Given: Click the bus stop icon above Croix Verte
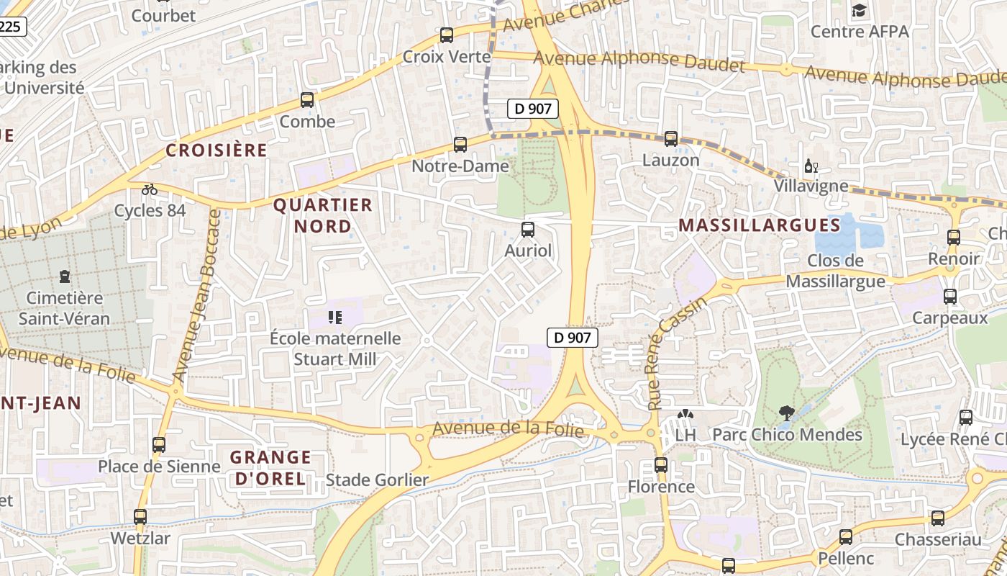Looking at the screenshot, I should point(446,35).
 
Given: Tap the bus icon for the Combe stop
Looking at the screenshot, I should point(307,100).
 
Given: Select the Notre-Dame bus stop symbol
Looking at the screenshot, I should point(460,145).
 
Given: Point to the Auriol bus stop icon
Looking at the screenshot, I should point(528,230).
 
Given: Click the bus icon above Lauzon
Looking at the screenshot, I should point(671,139).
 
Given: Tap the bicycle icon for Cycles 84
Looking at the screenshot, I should point(150,189).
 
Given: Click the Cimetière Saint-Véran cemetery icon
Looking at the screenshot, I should point(65,276).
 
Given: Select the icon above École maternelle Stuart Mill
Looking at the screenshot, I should point(334,317).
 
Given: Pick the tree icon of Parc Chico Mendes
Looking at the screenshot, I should point(786,413).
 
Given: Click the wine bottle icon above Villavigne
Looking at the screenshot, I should point(811,166).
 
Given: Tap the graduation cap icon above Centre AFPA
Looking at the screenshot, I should point(859,10).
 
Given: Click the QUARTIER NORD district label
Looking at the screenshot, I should point(322,215).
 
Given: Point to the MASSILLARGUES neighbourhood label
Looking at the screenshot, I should point(760,225).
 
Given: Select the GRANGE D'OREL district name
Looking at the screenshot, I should point(270,467).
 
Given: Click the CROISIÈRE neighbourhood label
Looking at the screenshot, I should point(217,150).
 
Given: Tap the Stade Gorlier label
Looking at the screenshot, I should point(377,480).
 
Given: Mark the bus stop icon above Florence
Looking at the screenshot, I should point(661,465).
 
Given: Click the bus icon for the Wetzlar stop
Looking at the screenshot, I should point(140,517).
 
